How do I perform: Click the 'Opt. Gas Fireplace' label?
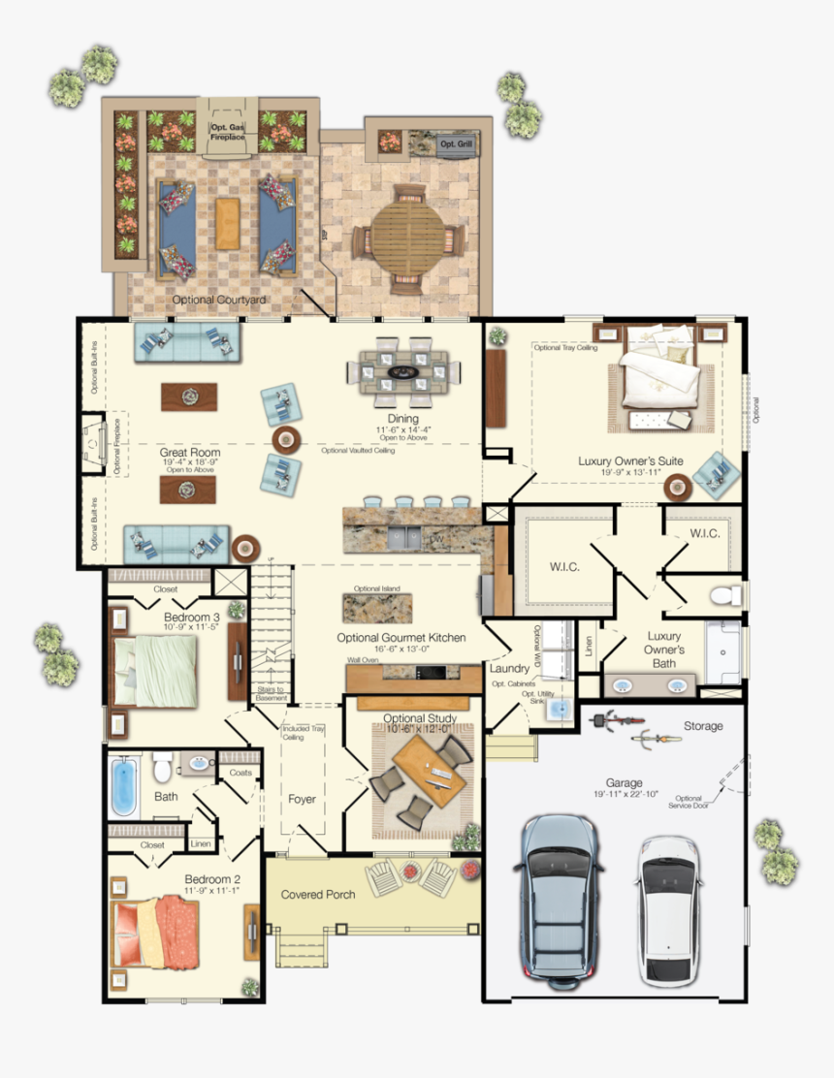point(228,133)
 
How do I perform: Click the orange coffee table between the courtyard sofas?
point(227,224)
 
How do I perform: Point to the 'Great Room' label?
point(190,453)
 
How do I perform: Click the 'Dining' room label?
point(403,419)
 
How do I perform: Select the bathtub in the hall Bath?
point(124,785)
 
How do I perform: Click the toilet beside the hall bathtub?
point(163,766)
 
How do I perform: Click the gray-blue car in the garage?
point(561,894)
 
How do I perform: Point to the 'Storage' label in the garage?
point(702,725)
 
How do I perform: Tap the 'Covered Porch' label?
point(318,894)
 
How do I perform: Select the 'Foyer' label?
point(302,799)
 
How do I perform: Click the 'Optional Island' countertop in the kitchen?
point(375,607)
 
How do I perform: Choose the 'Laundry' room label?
point(508,669)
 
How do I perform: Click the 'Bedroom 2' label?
point(212,880)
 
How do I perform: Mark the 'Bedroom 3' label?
point(191,617)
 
